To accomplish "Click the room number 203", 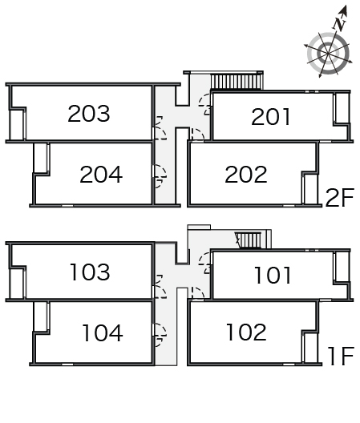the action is click(89, 113).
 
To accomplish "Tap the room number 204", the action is click(101, 175).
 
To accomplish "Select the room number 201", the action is click(271, 116).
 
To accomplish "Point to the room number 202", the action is click(246, 175).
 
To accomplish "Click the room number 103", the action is click(90, 272).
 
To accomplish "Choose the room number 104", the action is click(103, 333).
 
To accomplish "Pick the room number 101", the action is click(273, 275).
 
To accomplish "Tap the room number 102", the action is click(247, 332).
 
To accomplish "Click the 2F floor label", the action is click(340, 198).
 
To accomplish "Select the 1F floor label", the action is click(341, 356).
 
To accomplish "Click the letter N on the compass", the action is click(339, 24).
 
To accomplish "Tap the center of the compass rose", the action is click(328, 53).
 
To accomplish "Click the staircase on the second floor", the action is click(237, 82).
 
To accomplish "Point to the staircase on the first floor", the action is click(249, 240).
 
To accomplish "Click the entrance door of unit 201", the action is click(205, 104).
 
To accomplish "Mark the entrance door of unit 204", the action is click(160, 176).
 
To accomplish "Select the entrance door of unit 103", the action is click(160, 287).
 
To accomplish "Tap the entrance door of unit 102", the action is click(198, 293).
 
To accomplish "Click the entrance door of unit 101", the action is click(205, 263).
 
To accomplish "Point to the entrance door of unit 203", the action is click(160, 128).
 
